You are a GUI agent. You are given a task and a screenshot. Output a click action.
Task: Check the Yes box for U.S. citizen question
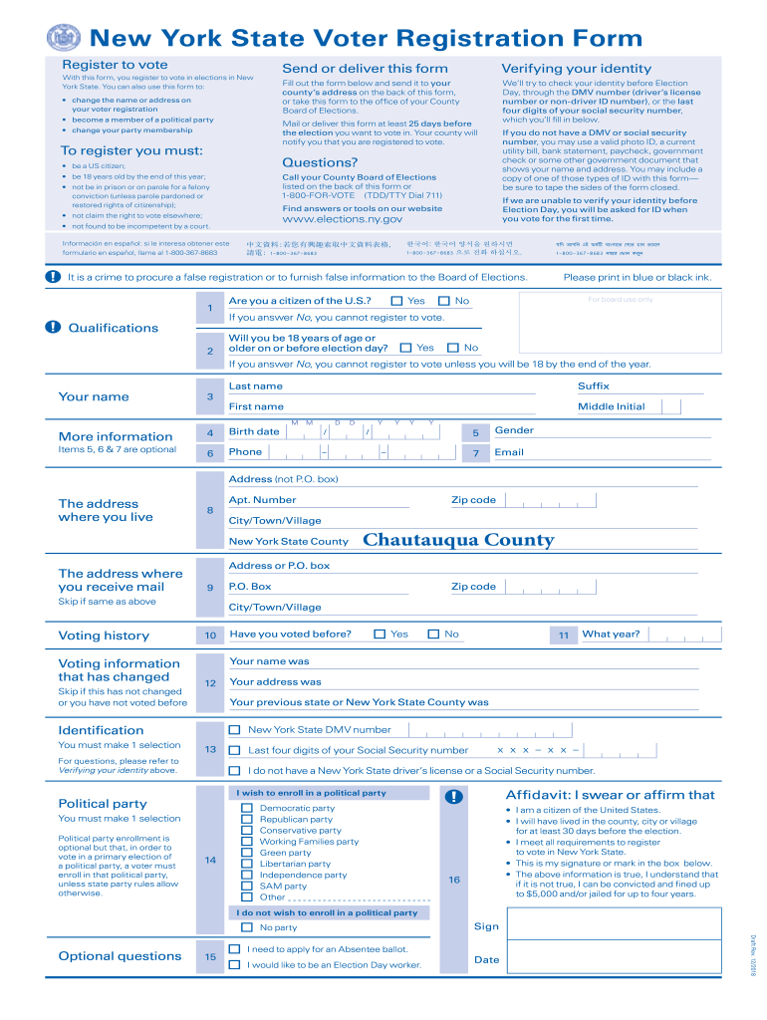(x=396, y=301)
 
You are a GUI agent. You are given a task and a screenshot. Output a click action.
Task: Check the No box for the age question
(x=453, y=348)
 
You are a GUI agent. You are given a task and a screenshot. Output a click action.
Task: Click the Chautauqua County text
(x=458, y=540)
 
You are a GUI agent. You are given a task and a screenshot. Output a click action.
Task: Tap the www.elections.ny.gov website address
(x=343, y=219)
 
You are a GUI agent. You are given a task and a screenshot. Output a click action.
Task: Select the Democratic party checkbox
(x=246, y=808)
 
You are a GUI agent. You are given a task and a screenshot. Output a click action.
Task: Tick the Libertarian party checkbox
(x=246, y=864)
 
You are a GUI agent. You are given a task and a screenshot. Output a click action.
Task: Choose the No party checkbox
(x=246, y=927)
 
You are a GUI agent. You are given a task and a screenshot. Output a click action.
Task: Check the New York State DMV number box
(x=234, y=729)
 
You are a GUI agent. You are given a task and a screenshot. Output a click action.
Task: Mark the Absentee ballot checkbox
(x=234, y=949)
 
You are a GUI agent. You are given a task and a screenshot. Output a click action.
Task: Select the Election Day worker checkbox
(x=234, y=964)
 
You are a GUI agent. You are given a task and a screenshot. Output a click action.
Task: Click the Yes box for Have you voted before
(x=380, y=634)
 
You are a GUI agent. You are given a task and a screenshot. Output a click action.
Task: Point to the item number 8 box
(x=209, y=510)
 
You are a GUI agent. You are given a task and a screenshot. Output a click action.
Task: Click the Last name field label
(x=256, y=385)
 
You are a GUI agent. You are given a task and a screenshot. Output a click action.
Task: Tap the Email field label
(x=509, y=452)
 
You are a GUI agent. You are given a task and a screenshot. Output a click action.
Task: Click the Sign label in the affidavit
(x=486, y=926)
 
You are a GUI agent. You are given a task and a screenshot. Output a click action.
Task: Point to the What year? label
(x=611, y=634)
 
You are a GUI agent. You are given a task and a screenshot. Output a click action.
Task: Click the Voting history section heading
(x=104, y=636)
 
